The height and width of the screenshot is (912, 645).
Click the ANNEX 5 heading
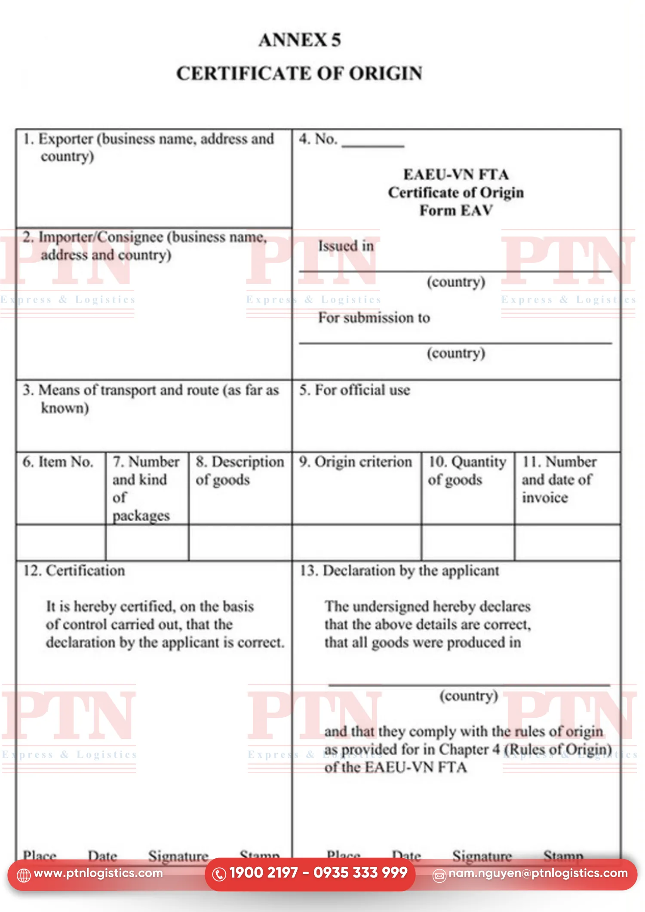[300, 40]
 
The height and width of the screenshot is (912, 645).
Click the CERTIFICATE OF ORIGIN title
[299, 74]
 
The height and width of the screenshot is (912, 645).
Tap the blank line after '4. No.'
[372, 144]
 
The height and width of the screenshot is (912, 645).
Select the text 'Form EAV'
[456, 211]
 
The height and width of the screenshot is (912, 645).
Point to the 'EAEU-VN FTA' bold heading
[456, 175]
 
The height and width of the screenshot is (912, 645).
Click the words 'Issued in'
[346, 246]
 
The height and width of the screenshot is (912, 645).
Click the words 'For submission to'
[374, 318]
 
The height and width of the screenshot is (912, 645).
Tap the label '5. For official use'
[355, 390]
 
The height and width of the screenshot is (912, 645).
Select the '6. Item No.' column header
[58, 462]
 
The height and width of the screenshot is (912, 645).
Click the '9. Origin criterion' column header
[356, 462]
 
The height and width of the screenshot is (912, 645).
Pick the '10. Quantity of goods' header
[467, 470]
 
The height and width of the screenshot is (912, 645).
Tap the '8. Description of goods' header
[240, 470]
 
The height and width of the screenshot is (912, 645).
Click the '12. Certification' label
[74, 571]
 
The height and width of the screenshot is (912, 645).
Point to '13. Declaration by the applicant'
[399, 571]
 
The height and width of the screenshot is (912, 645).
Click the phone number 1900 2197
[263, 872]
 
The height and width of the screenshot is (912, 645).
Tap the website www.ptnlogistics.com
[98, 873]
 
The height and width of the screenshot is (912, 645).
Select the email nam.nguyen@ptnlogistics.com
[538, 873]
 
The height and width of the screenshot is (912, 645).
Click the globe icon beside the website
[24, 875]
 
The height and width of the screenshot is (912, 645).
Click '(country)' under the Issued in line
[456, 282]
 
